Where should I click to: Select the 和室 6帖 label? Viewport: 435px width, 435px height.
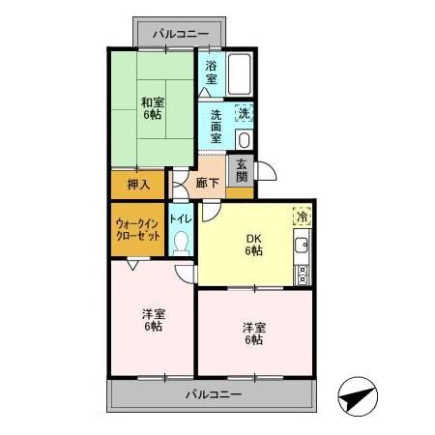[151, 106]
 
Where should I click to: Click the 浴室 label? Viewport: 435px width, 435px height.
[212, 73]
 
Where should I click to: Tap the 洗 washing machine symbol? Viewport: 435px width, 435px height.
[245, 113]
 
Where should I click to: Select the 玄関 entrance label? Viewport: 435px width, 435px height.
[242, 172]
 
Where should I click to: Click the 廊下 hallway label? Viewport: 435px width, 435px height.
[206, 182]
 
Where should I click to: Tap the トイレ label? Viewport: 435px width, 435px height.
[181, 218]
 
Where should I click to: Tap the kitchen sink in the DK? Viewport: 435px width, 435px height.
[302, 245]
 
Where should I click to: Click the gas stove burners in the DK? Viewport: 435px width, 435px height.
[302, 272]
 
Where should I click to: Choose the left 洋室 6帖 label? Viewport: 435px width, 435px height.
[153, 319]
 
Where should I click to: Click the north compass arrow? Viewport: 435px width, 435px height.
[358, 396]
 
